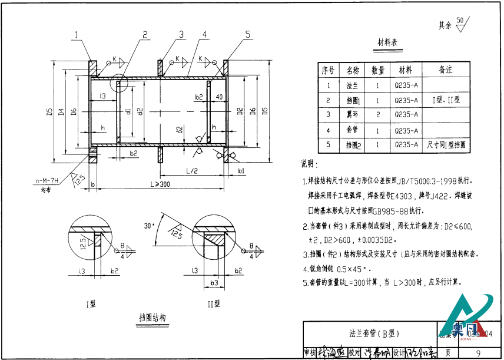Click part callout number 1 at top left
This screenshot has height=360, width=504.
point(76,35)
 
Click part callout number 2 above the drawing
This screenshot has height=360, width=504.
point(145,34)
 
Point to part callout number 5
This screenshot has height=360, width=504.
point(248,34)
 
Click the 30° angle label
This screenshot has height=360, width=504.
point(148,225)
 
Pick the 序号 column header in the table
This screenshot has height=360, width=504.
point(328,70)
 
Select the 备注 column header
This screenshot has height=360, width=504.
point(445,70)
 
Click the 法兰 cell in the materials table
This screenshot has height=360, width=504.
point(352,85)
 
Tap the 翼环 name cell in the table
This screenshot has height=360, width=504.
point(352,114)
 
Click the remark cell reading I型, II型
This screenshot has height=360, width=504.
point(445,100)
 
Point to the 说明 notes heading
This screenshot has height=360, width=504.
point(310,163)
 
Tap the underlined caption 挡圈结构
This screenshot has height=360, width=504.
point(152,317)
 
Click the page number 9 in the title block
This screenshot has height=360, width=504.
point(478,352)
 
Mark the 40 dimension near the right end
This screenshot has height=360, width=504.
point(219,96)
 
